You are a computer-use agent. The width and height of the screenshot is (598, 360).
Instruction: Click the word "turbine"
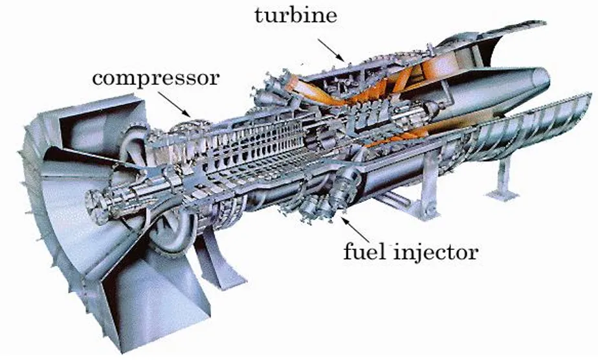click(x=295, y=16)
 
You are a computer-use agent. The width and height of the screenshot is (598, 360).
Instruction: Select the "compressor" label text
click(x=156, y=78)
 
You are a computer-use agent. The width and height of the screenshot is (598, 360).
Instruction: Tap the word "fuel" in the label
click(x=363, y=251)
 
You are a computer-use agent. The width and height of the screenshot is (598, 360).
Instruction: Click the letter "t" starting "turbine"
click(x=258, y=16)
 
